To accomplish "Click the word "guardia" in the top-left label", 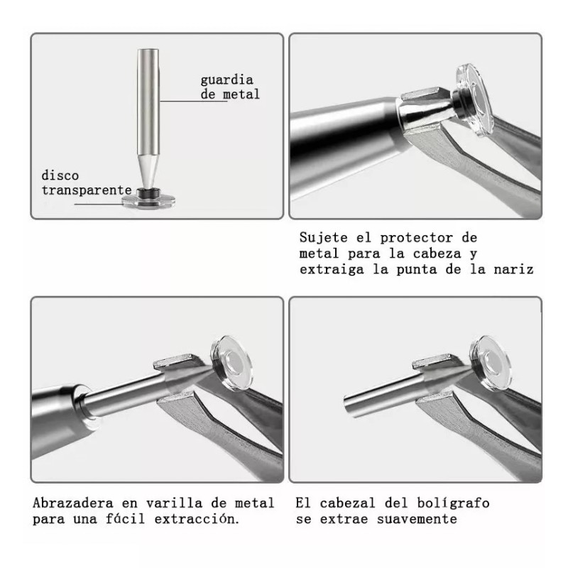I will pos(226,80).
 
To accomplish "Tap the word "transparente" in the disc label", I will pos(87,190).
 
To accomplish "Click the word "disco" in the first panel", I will pos(60,175).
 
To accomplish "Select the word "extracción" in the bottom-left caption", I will pos(200,519).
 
